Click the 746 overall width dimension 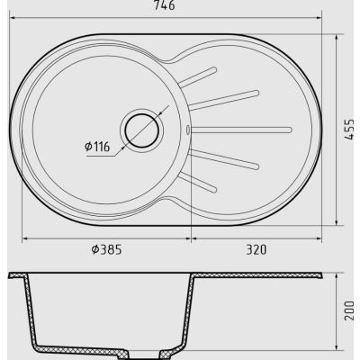coord(164,5)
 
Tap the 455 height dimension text coord(349,130)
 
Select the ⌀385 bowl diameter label coord(106,249)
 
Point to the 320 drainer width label coord(256,249)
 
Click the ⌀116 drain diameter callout coord(97,147)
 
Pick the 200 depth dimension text coord(349,310)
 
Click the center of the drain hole coord(141,130)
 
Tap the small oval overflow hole coord(188,130)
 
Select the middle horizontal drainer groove coord(241,130)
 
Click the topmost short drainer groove coord(197,77)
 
